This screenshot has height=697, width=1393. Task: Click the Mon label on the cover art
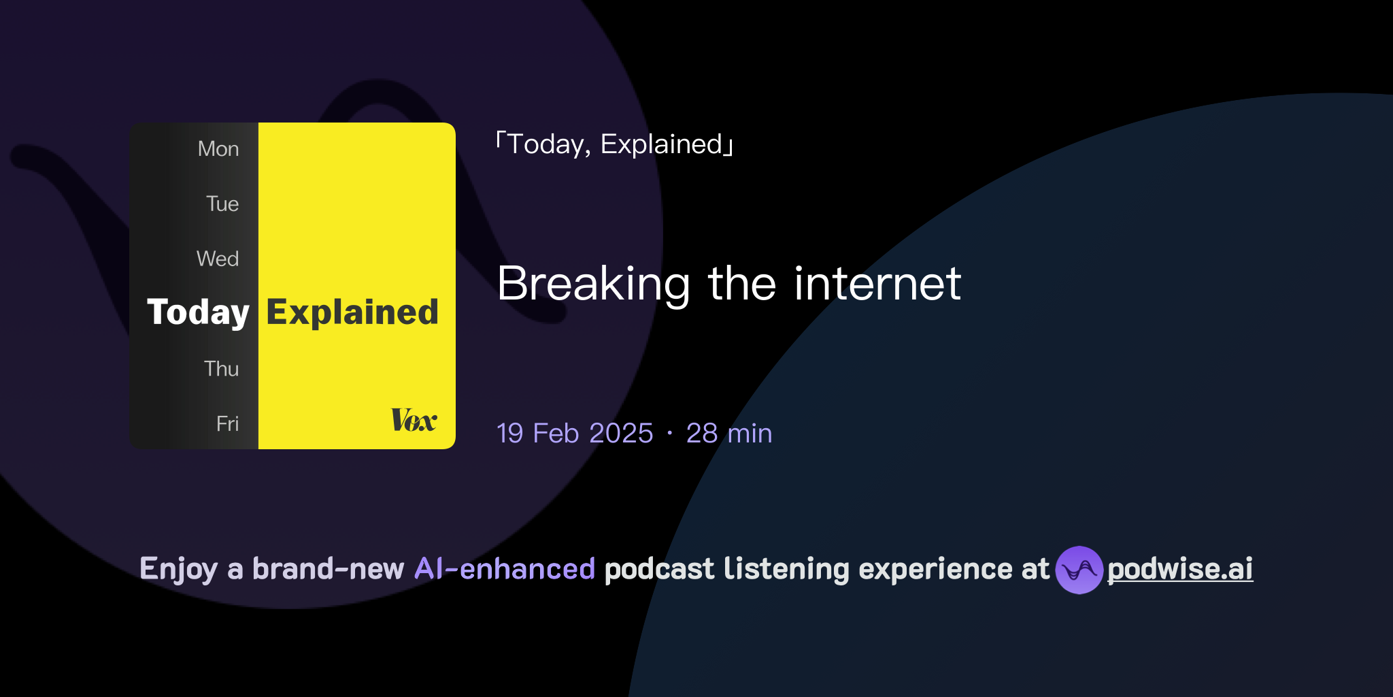tap(218, 149)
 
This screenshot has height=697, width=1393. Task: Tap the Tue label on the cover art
tap(222, 204)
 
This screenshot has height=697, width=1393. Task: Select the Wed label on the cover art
tap(218, 259)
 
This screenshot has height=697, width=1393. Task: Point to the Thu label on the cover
tap(221, 369)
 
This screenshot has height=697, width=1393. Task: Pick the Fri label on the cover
tap(227, 424)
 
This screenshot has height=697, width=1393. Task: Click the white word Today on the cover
tap(198, 313)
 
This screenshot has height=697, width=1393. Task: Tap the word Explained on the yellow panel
tap(352, 313)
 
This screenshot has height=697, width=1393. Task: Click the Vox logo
tap(414, 420)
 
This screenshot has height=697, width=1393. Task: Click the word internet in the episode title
tap(877, 284)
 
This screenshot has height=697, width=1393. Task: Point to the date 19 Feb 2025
tap(575, 434)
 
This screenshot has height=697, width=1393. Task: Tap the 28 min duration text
tap(729, 434)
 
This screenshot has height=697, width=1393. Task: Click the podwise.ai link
tap(1180, 569)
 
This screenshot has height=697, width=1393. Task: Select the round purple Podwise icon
tap(1079, 570)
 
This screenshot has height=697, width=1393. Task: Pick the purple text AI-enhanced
tap(505, 569)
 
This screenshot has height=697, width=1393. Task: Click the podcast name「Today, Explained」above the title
tap(615, 144)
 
